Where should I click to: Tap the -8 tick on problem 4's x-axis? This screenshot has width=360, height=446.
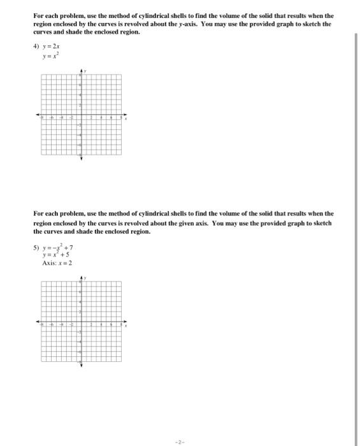coord(42,119)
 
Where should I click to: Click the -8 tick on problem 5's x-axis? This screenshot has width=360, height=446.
coord(42,325)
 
